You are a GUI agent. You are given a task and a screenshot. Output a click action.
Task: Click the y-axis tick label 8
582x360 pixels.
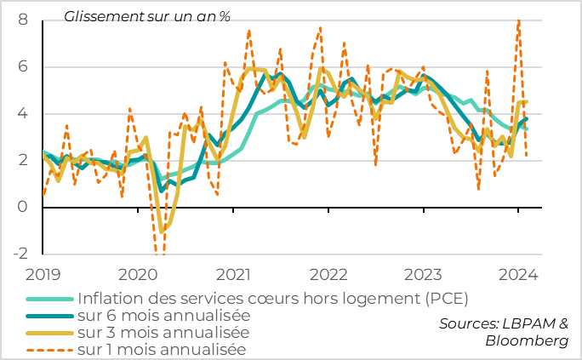[23, 20]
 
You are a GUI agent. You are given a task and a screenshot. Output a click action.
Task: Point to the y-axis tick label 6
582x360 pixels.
[23, 66]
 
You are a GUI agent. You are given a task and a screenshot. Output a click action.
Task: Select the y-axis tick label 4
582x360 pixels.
[23, 113]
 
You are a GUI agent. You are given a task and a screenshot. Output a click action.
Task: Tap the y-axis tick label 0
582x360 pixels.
[23, 207]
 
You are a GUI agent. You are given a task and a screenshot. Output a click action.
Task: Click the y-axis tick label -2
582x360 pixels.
[20, 254]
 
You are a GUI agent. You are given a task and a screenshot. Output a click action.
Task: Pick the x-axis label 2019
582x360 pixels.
[42, 275]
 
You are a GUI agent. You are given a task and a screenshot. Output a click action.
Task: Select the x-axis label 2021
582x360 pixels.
[232, 275]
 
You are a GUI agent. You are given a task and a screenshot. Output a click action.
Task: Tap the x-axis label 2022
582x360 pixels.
[328, 275]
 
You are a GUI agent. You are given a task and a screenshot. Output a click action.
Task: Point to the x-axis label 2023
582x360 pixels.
[423, 275]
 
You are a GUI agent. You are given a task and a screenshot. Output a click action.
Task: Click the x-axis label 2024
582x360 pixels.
[517, 275]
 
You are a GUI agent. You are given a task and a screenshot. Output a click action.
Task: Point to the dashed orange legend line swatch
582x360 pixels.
[50, 349]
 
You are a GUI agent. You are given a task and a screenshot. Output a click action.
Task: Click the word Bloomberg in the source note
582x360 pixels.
[527, 340]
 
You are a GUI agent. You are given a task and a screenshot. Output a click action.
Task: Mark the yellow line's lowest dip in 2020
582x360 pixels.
[162, 231]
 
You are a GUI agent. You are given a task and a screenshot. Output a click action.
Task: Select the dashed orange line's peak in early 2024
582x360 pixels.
[518, 21]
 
